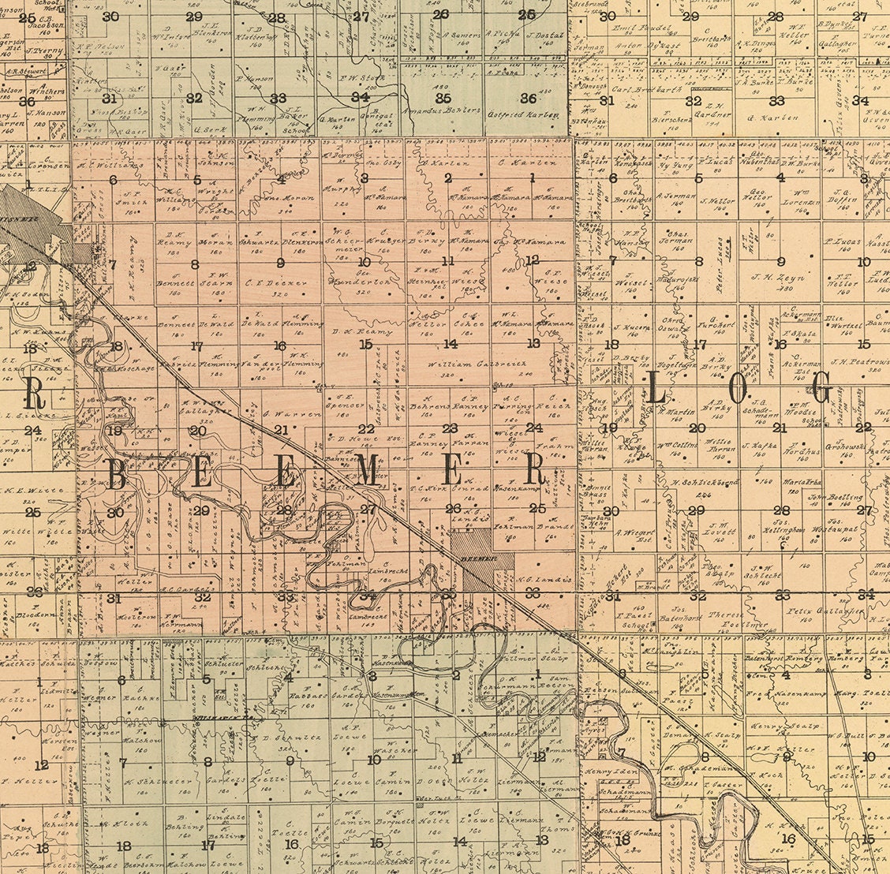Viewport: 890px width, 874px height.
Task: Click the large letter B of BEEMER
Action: pyautogui.click(x=117, y=475)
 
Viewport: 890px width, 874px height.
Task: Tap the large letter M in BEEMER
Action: pyautogui.click(x=367, y=472)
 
